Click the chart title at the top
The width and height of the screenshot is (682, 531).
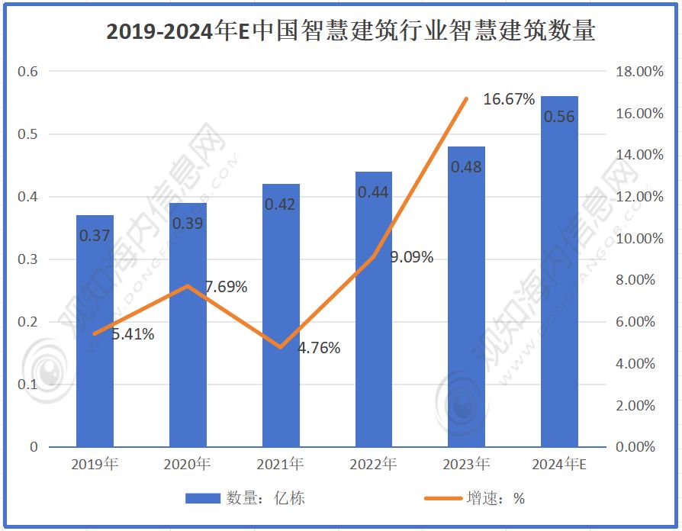(x=350, y=31)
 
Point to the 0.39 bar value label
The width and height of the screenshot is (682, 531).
(x=188, y=223)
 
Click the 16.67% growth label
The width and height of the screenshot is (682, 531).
(x=509, y=99)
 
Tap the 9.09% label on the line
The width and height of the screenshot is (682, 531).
(x=411, y=257)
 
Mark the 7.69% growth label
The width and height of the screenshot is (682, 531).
(x=226, y=287)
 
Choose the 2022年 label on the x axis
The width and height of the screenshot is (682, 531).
(x=373, y=464)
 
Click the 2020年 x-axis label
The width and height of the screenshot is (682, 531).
(x=187, y=464)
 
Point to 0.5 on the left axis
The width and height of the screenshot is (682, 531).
(x=28, y=134)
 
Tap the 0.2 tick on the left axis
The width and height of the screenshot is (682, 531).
(x=28, y=322)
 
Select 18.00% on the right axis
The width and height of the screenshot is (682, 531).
(x=639, y=72)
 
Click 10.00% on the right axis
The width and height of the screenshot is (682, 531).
(x=639, y=239)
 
